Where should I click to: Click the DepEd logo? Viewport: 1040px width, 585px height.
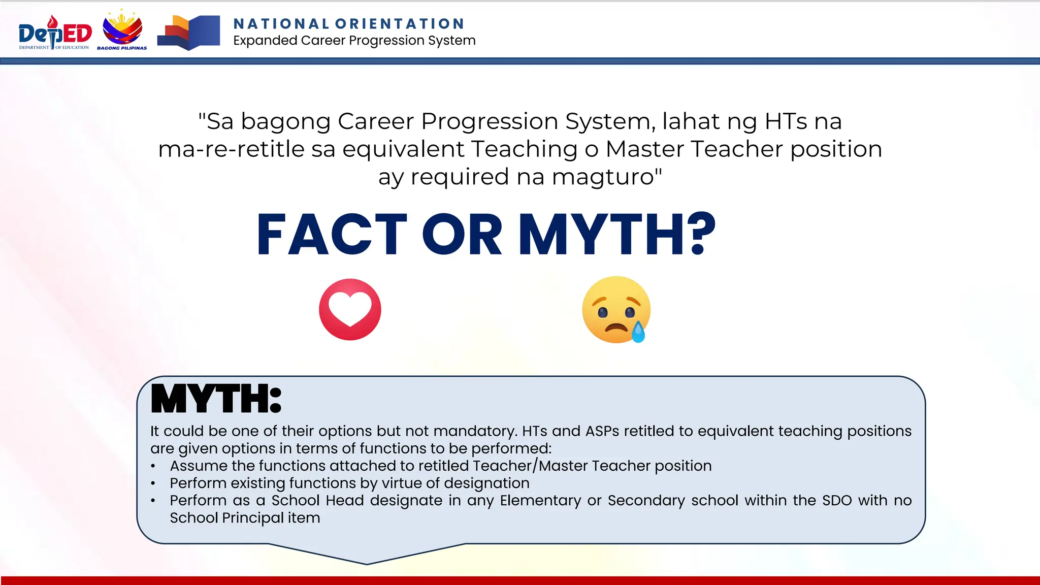(x=55, y=33)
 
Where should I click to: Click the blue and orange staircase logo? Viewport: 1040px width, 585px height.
(x=188, y=33)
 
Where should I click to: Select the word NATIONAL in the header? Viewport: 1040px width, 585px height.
(x=281, y=24)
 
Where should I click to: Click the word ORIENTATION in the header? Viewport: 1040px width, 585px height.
(x=400, y=24)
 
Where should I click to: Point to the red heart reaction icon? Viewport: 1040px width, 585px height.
(x=350, y=309)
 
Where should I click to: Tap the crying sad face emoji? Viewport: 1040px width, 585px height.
(x=615, y=309)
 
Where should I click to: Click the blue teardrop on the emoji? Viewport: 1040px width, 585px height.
(x=638, y=333)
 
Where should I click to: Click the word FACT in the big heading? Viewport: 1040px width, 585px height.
(x=332, y=235)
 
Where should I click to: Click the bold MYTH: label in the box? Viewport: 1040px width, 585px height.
(x=216, y=399)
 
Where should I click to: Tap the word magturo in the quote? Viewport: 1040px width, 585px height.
(x=607, y=177)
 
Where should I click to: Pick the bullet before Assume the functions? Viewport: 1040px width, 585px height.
(x=153, y=466)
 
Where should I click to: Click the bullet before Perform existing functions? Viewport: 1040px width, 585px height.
(x=153, y=483)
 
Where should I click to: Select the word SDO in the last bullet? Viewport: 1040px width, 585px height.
(x=836, y=501)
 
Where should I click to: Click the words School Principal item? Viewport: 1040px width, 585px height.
(x=245, y=518)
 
